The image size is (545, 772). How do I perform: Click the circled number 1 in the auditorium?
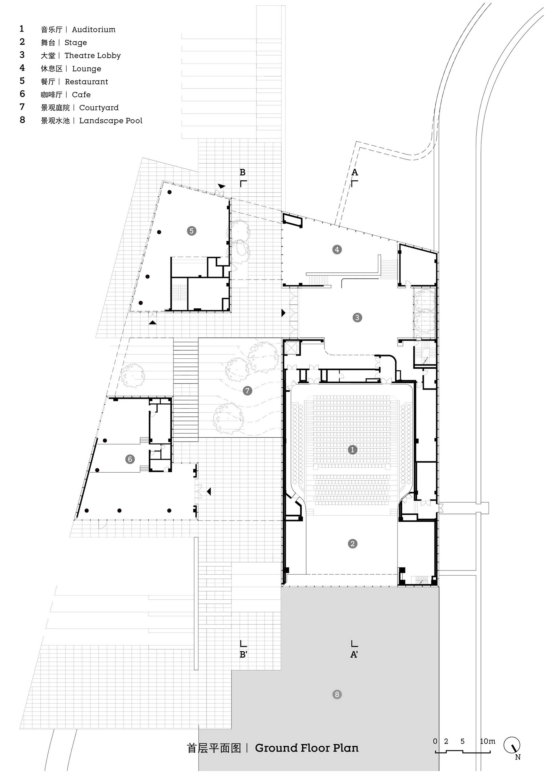(x=352, y=450)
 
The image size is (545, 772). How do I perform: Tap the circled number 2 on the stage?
(x=352, y=543)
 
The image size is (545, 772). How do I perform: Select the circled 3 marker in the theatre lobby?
(x=357, y=317)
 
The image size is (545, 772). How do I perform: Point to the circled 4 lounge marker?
(x=337, y=250)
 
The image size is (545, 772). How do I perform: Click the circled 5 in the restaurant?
(x=191, y=231)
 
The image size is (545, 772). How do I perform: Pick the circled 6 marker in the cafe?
(x=130, y=459)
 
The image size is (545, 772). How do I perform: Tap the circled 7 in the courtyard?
(x=247, y=390)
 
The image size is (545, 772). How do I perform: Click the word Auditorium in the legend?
(x=93, y=30)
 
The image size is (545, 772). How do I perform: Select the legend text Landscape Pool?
(x=111, y=121)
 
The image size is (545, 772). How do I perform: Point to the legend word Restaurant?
(x=86, y=82)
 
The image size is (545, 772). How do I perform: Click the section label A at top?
(x=355, y=173)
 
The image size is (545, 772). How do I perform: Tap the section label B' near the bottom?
(x=243, y=654)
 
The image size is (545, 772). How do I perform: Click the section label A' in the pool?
(x=354, y=654)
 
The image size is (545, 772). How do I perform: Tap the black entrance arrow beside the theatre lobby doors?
(x=283, y=313)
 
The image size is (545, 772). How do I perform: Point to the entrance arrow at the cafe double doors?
(x=209, y=492)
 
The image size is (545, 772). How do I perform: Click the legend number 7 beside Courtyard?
(x=22, y=107)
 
